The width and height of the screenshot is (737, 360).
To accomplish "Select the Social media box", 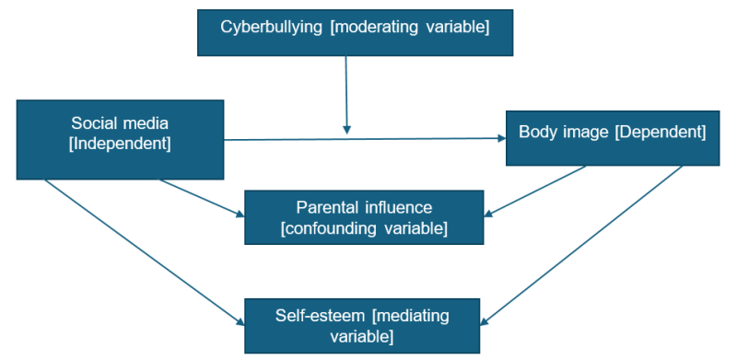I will (x=121, y=139).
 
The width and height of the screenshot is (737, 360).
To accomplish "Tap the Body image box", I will (x=612, y=138).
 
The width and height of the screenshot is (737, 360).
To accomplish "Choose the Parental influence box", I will (x=363, y=217).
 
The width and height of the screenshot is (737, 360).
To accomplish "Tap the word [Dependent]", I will (x=661, y=132).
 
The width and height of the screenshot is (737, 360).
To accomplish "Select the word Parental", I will (x=324, y=207).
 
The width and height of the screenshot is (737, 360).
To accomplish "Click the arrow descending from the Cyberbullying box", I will (x=346, y=92).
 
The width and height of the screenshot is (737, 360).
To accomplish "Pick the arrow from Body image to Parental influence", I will (x=534, y=192).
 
